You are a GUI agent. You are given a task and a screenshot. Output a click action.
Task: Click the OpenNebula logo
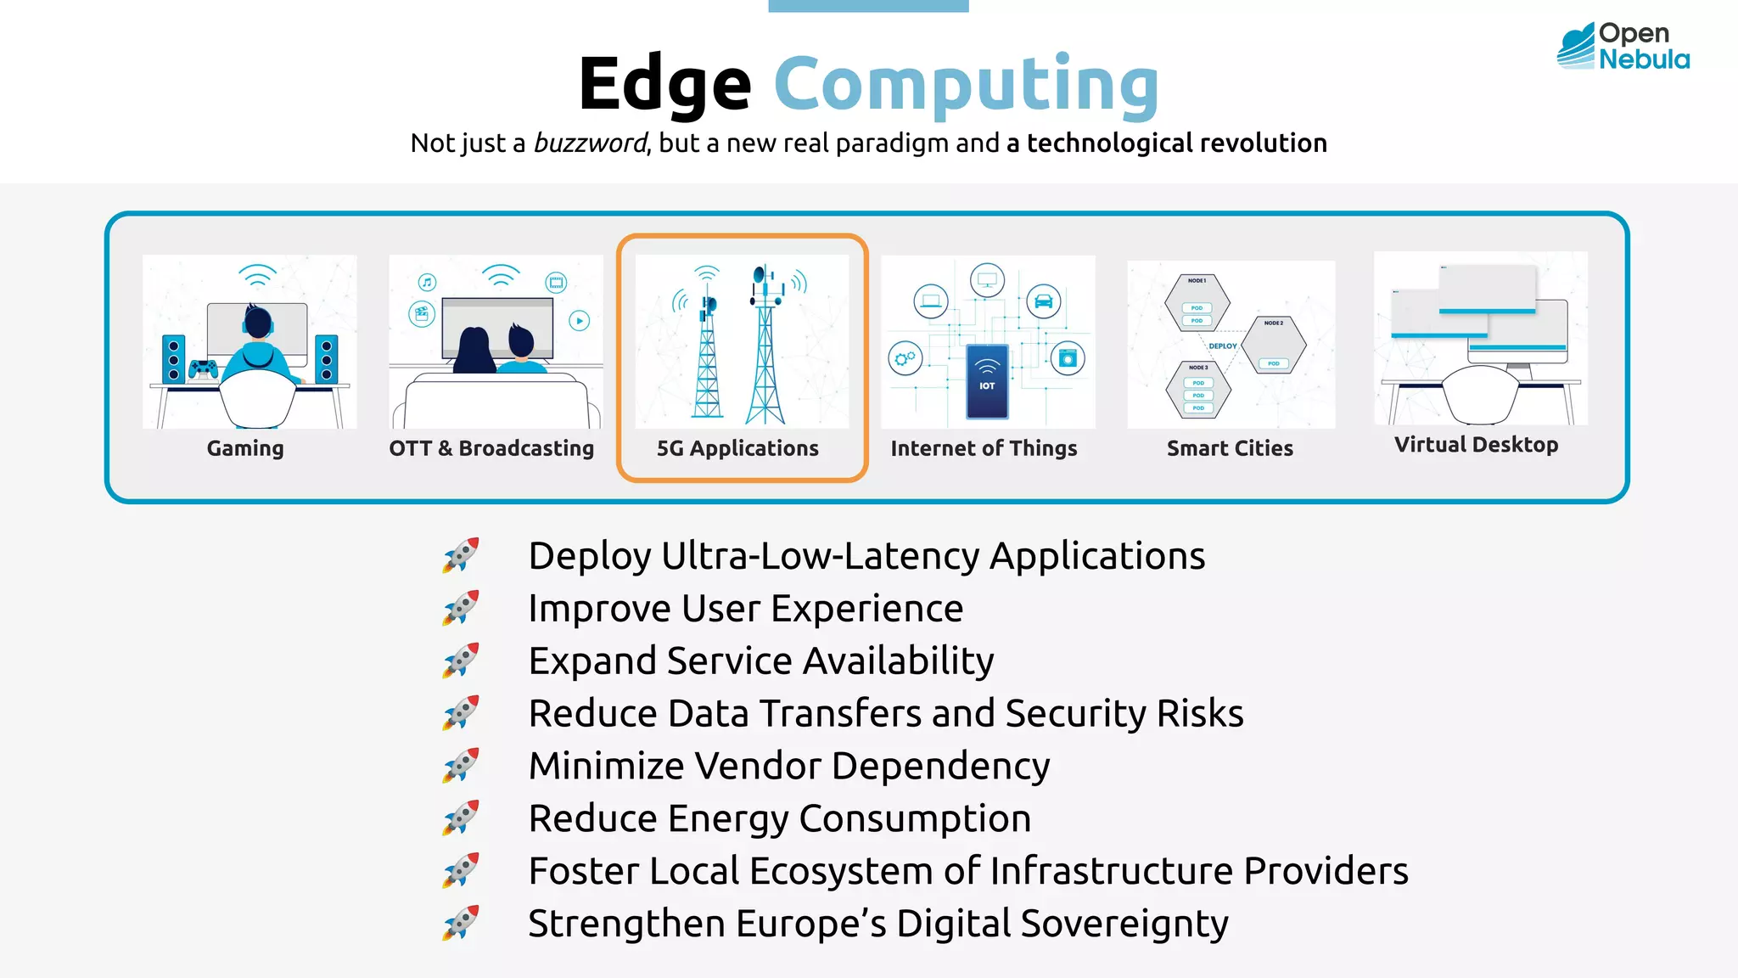[x=1623, y=46]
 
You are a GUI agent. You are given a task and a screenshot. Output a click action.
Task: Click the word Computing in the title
[x=966, y=84]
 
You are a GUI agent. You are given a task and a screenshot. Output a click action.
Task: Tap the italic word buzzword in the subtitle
[x=590, y=143]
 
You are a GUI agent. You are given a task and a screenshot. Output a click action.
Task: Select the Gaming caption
[x=245, y=448]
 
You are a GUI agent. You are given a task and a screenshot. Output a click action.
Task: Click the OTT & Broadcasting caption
[x=491, y=448]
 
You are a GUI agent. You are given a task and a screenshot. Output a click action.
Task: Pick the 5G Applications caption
[x=737, y=448]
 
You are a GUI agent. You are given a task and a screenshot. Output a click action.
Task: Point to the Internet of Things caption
[x=984, y=448]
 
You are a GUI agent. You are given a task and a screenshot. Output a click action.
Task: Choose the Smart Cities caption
[x=1230, y=448]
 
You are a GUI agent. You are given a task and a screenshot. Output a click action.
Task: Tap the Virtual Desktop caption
[x=1476, y=445]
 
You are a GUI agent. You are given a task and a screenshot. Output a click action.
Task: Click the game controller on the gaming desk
[x=203, y=368]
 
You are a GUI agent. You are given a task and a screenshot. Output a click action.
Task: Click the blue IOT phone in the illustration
[x=987, y=381]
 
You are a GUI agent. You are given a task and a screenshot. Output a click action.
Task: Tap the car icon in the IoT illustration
[x=1044, y=301]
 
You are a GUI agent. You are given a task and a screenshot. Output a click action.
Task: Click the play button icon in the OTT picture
[x=580, y=321]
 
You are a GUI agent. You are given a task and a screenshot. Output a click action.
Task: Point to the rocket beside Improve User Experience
[x=461, y=608]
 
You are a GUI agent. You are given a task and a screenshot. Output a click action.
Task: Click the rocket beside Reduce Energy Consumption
[x=461, y=818]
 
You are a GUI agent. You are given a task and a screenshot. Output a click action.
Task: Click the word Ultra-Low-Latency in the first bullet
[x=820, y=556]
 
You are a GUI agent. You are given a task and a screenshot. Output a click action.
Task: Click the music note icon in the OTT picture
[x=427, y=283]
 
